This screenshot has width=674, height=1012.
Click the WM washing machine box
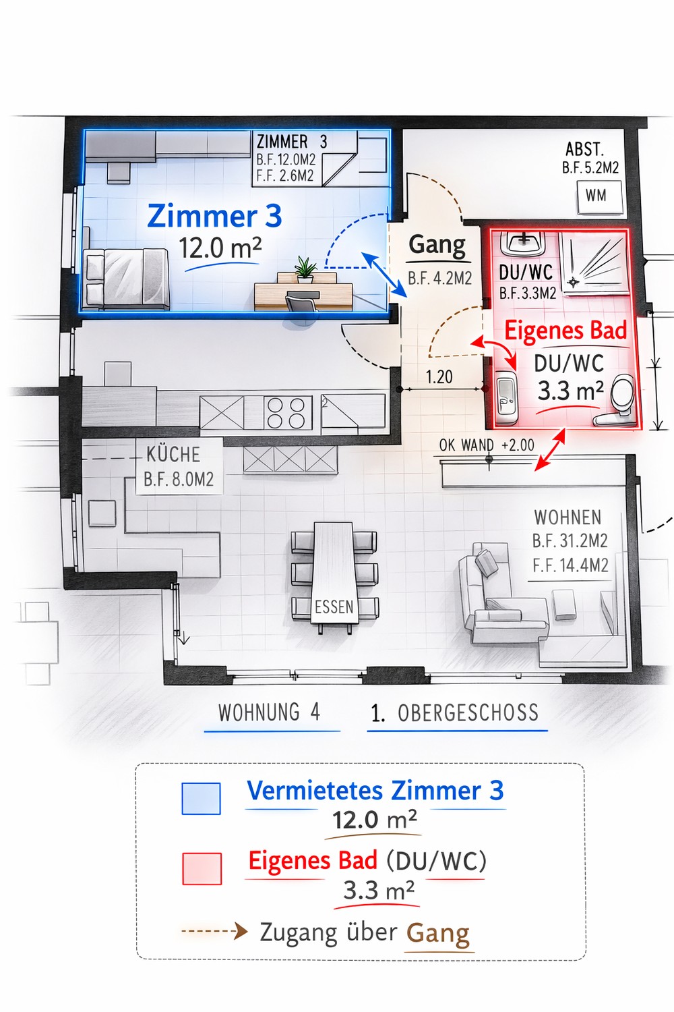click(x=599, y=197)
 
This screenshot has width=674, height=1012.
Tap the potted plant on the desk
click(x=305, y=270)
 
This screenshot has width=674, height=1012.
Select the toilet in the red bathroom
click(x=617, y=400)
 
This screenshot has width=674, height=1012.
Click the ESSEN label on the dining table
click(x=334, y=607)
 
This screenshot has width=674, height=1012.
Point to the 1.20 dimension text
click(x=439, y=376)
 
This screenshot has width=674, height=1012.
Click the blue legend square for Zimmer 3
click(x=201, y=799)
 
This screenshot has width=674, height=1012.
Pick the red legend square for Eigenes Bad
click(x=202, y=869)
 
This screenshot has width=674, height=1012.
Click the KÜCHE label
click(x=173, y=455)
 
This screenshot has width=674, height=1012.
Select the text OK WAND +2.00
click(x=487, y=445)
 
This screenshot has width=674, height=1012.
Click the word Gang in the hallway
click(x=437, y=246)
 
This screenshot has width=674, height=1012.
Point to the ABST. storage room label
click(x=584, y=149)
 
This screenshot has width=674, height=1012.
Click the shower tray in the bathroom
click(x=594, y=264)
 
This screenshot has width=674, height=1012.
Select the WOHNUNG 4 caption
click(x=270, y=712)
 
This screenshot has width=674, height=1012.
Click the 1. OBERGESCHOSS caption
click(x=454, y=713)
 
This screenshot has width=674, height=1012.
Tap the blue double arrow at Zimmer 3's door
click(x=384, y=274)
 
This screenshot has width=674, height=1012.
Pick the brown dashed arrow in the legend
click(x=214, y=931)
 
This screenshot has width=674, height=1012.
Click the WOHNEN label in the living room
click(x=568, y=517)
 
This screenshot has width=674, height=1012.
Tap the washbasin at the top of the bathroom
click(x=523, y=244)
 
